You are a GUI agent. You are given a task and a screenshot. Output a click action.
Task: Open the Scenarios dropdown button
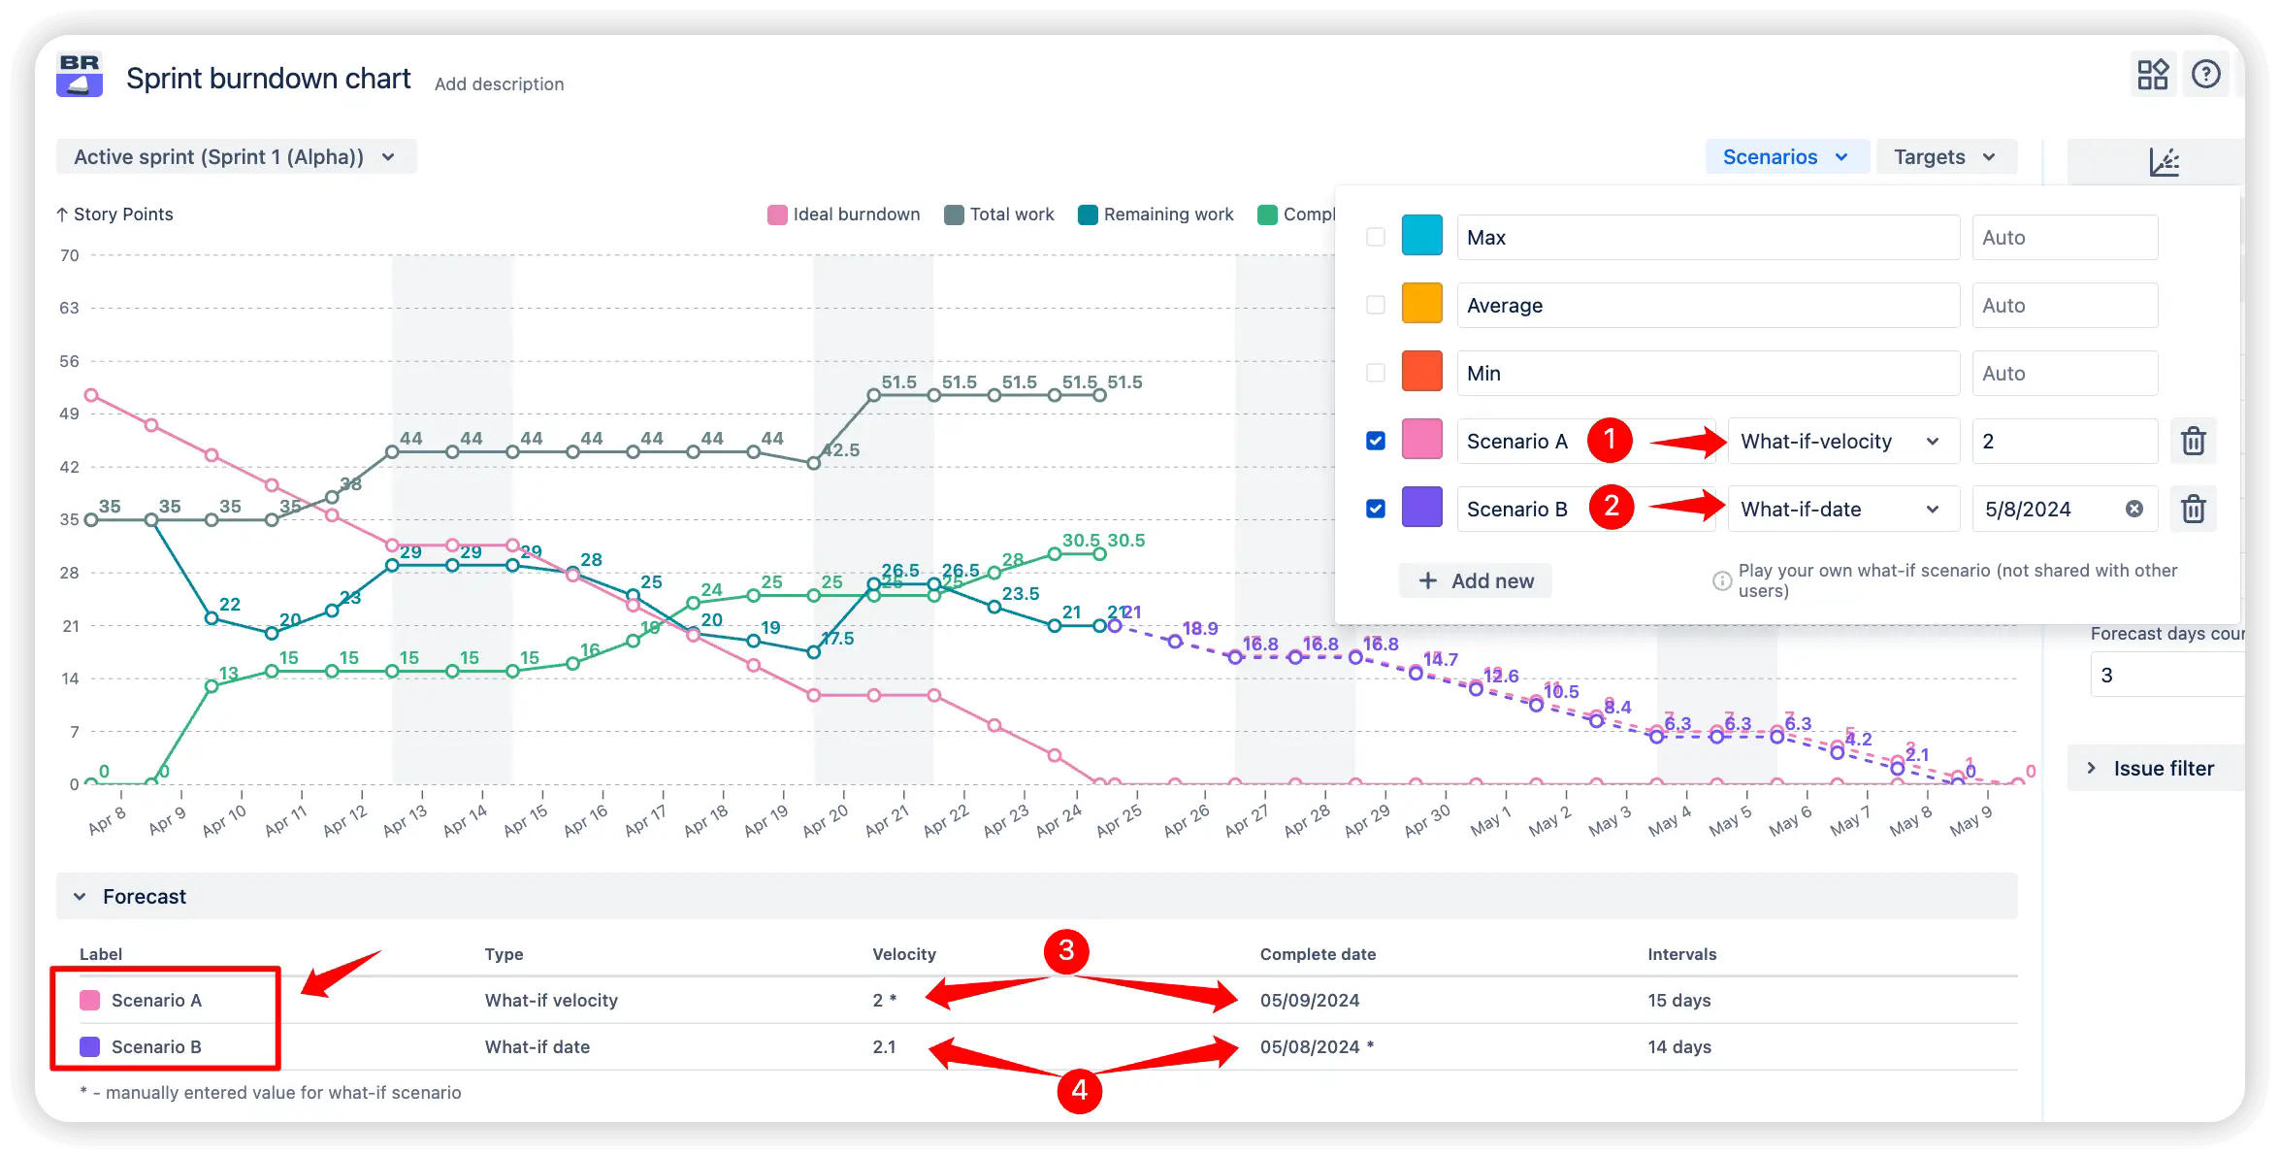click(1785, 157)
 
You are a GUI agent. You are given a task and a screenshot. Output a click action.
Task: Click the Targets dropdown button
click(1944, 157)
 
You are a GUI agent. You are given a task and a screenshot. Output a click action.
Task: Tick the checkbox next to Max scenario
click(1375, 237)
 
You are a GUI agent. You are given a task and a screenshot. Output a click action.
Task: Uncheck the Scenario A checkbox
click(1375, 441)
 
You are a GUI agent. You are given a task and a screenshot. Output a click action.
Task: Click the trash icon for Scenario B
click(2193, 509)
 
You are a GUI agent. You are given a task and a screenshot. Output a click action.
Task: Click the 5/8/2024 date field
click(2047, 509)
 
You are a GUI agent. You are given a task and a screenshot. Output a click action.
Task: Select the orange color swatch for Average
click(1421, 304)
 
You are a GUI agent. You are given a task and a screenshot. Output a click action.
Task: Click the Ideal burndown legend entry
click(843, 215)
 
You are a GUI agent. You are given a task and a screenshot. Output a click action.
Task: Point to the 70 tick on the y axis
click(70, 255)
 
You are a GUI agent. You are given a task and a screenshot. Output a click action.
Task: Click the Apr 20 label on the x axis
click(826, 820)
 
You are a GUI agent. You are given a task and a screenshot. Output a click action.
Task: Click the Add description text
click(499, 84)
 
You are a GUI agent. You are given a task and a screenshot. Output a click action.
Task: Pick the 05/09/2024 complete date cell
click(1309, 1000)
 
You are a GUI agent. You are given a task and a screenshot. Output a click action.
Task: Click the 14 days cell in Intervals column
click(1678, 1046)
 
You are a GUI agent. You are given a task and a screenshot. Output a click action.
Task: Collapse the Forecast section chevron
click(80, 896)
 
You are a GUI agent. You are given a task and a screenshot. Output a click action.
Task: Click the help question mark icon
click(2205, 75)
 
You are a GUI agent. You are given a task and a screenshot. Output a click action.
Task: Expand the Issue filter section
click(2163, 768)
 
